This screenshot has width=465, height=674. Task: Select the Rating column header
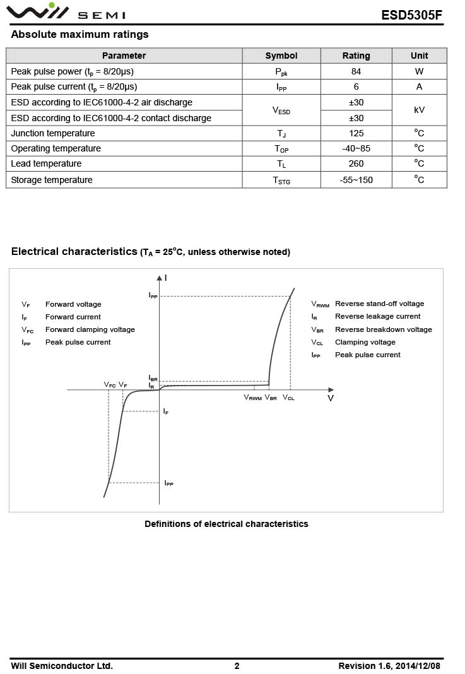tap(356, 56)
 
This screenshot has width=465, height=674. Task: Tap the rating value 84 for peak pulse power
tap(356, 71)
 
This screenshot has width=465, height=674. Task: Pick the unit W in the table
tap(419, 71)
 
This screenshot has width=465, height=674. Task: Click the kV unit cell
tap(419, 110)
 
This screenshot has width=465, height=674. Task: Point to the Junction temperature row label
tap(53, 133)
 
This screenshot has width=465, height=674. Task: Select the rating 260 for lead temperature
tap(356, 163)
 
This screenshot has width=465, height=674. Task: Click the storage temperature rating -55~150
tap(356, 180)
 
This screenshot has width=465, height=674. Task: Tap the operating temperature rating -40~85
tap(356, 148)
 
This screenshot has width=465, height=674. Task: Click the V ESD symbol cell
tap(281, 110)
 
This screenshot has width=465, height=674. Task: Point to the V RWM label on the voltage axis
tap(252, 398)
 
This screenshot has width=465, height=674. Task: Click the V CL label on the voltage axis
tap(288, 398)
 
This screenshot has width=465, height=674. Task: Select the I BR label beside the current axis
tap(153, 378)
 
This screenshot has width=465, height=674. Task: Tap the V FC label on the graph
tap(110, 385)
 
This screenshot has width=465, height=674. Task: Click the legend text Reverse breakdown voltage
tap(383, 329)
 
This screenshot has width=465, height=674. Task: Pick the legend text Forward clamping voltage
tap(90, 329)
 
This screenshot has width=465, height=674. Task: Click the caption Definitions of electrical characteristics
tap(227, 524)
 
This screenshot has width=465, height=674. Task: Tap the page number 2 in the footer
tap(237, 666)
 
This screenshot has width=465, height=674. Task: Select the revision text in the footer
tap(389, 666)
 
